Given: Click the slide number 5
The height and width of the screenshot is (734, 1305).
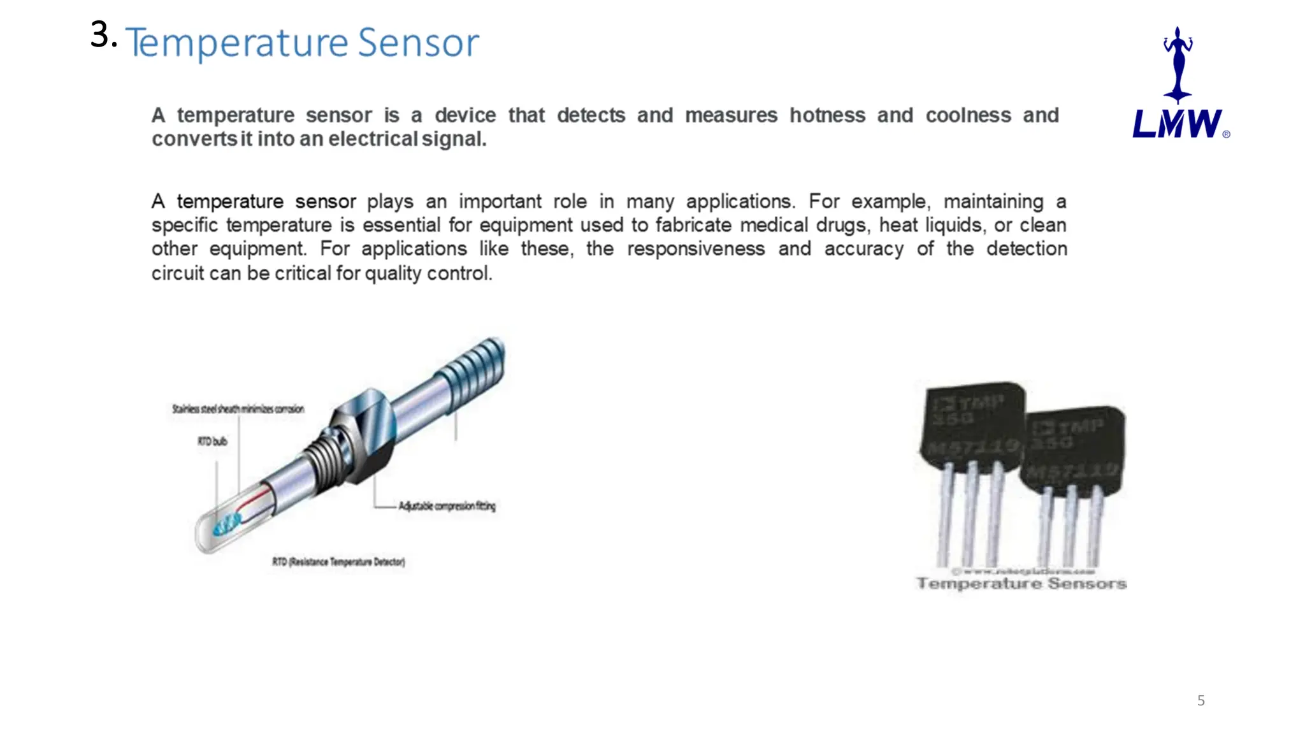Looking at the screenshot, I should pos(1200,701).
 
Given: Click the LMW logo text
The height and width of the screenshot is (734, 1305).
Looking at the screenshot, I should pos(1177,124).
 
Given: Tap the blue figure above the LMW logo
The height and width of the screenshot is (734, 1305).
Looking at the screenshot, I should pos(1178,64).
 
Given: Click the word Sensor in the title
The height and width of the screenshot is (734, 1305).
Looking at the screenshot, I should pos(418,43).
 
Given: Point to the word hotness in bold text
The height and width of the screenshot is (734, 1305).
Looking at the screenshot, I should pos(827,115).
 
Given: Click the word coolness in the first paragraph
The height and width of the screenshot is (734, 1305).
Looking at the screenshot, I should pos(968,115).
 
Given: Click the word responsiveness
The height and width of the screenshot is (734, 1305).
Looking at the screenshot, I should pos(695,248).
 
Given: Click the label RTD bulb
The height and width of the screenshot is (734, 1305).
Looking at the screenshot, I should pos(212,441).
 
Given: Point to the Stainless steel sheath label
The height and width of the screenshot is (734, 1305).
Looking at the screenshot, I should pos(238,409).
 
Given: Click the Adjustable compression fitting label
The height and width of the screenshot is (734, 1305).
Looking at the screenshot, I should pos(447,506).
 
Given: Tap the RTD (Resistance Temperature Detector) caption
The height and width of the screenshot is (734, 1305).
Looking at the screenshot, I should pos(338,561).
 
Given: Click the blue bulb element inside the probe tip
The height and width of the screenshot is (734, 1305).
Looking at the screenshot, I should pos(226,525).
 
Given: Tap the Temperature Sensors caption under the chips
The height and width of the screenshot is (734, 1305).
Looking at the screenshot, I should pos(1021,584).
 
